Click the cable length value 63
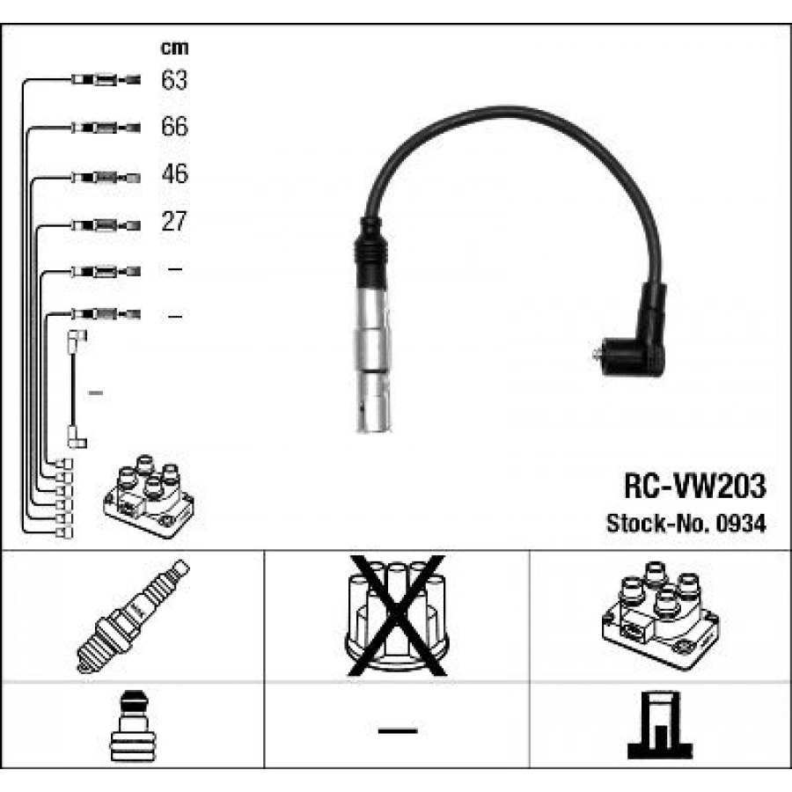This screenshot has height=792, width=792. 174,81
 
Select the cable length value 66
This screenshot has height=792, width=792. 174,128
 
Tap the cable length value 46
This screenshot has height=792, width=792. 174,174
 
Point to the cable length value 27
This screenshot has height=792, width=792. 174,221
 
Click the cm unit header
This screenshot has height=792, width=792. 174,48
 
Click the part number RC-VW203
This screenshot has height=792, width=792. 694,485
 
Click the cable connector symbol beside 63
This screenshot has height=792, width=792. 104,81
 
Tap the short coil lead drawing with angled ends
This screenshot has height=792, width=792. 77,387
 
